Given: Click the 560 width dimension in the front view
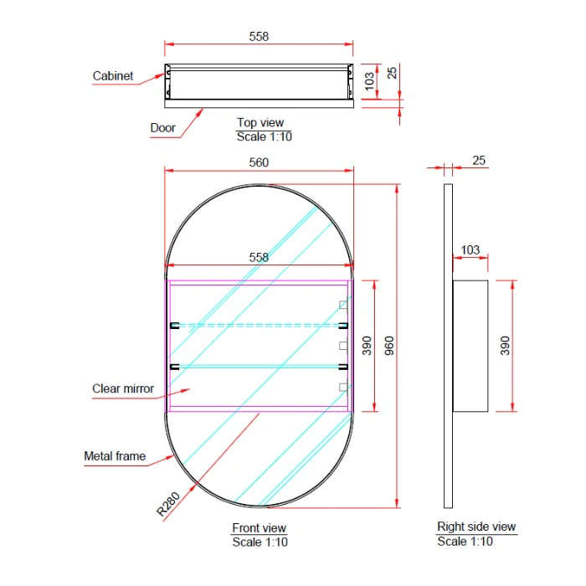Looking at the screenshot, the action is pos(259,162).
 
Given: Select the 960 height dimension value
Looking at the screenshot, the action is pos(389,346).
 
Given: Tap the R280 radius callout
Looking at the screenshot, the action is pos(168,504).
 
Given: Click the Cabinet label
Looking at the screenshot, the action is pos(113,76).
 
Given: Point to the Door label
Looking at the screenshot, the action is pos(162,128).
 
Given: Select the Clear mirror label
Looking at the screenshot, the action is pos(123,388).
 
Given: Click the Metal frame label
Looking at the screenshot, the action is pos(115,456).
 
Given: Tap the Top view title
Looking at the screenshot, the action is pos(260,122).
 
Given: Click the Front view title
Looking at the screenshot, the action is pos(259,527).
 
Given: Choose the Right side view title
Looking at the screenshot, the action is pos(476,527).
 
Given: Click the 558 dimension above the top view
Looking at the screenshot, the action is pos(259,37).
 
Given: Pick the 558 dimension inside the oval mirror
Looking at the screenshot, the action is pos(259,257).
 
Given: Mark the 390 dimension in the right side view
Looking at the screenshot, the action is pos(505,346).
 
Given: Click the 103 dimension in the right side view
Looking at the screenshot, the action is pos(470,249).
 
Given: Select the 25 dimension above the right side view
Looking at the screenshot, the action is pos(479,161).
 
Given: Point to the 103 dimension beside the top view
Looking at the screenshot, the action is pos(369,81).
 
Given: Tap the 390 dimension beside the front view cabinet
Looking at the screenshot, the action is pos(367,346).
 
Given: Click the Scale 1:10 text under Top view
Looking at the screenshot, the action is pos(265,136).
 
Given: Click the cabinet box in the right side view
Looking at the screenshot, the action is pos(470,346).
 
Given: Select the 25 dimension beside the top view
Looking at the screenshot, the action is pos(392,73).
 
